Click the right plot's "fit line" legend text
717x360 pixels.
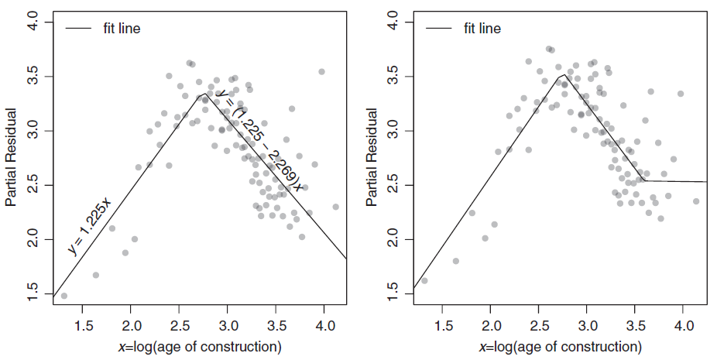click(482, 29)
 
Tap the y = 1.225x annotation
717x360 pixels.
click(90, 226)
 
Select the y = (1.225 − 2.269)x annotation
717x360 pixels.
click(259, 139)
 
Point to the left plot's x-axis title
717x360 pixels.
click(199, 345)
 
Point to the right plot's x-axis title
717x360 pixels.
click(559, 345)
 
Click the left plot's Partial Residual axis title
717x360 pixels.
click(11, 158)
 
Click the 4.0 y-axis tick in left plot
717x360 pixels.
click(33, 22)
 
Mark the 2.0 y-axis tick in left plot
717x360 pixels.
click(33, 240)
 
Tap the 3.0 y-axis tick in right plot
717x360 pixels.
click(393, 131)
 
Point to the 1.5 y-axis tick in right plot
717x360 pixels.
click(393, 294)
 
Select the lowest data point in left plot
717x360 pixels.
click(64, 296)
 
